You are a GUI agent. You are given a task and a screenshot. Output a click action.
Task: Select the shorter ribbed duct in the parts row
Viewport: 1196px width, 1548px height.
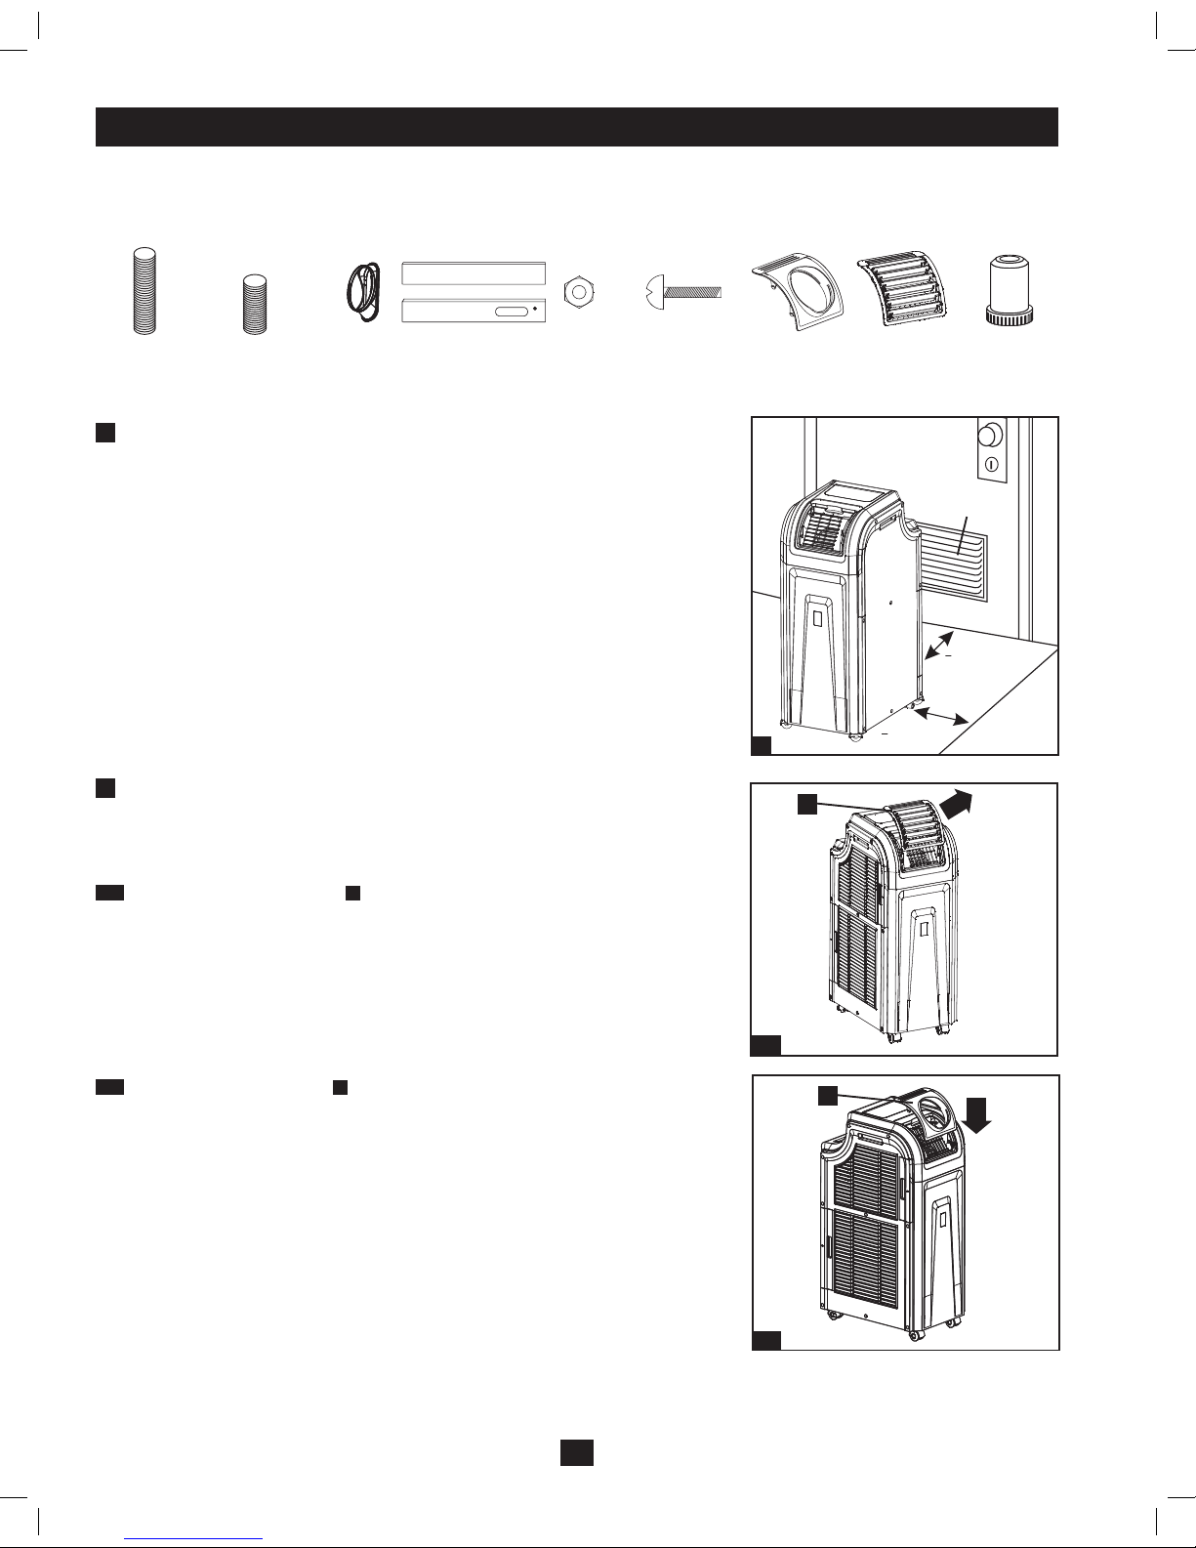coord(255,306)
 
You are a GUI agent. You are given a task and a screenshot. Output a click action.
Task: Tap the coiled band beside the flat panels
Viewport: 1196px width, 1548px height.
coord(363,289)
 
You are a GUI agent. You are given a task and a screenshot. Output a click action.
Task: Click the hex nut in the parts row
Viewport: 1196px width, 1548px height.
coord(576,292)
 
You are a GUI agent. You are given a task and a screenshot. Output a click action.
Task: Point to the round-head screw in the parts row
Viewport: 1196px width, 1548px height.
coord(682,290)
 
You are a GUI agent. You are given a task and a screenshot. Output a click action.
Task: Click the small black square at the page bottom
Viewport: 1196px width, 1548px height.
coord(577,1452)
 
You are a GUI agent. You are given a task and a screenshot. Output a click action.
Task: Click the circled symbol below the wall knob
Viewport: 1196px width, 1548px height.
coord(992,464)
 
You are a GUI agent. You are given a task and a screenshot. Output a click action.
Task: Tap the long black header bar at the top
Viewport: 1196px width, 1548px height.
coord(577,127)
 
